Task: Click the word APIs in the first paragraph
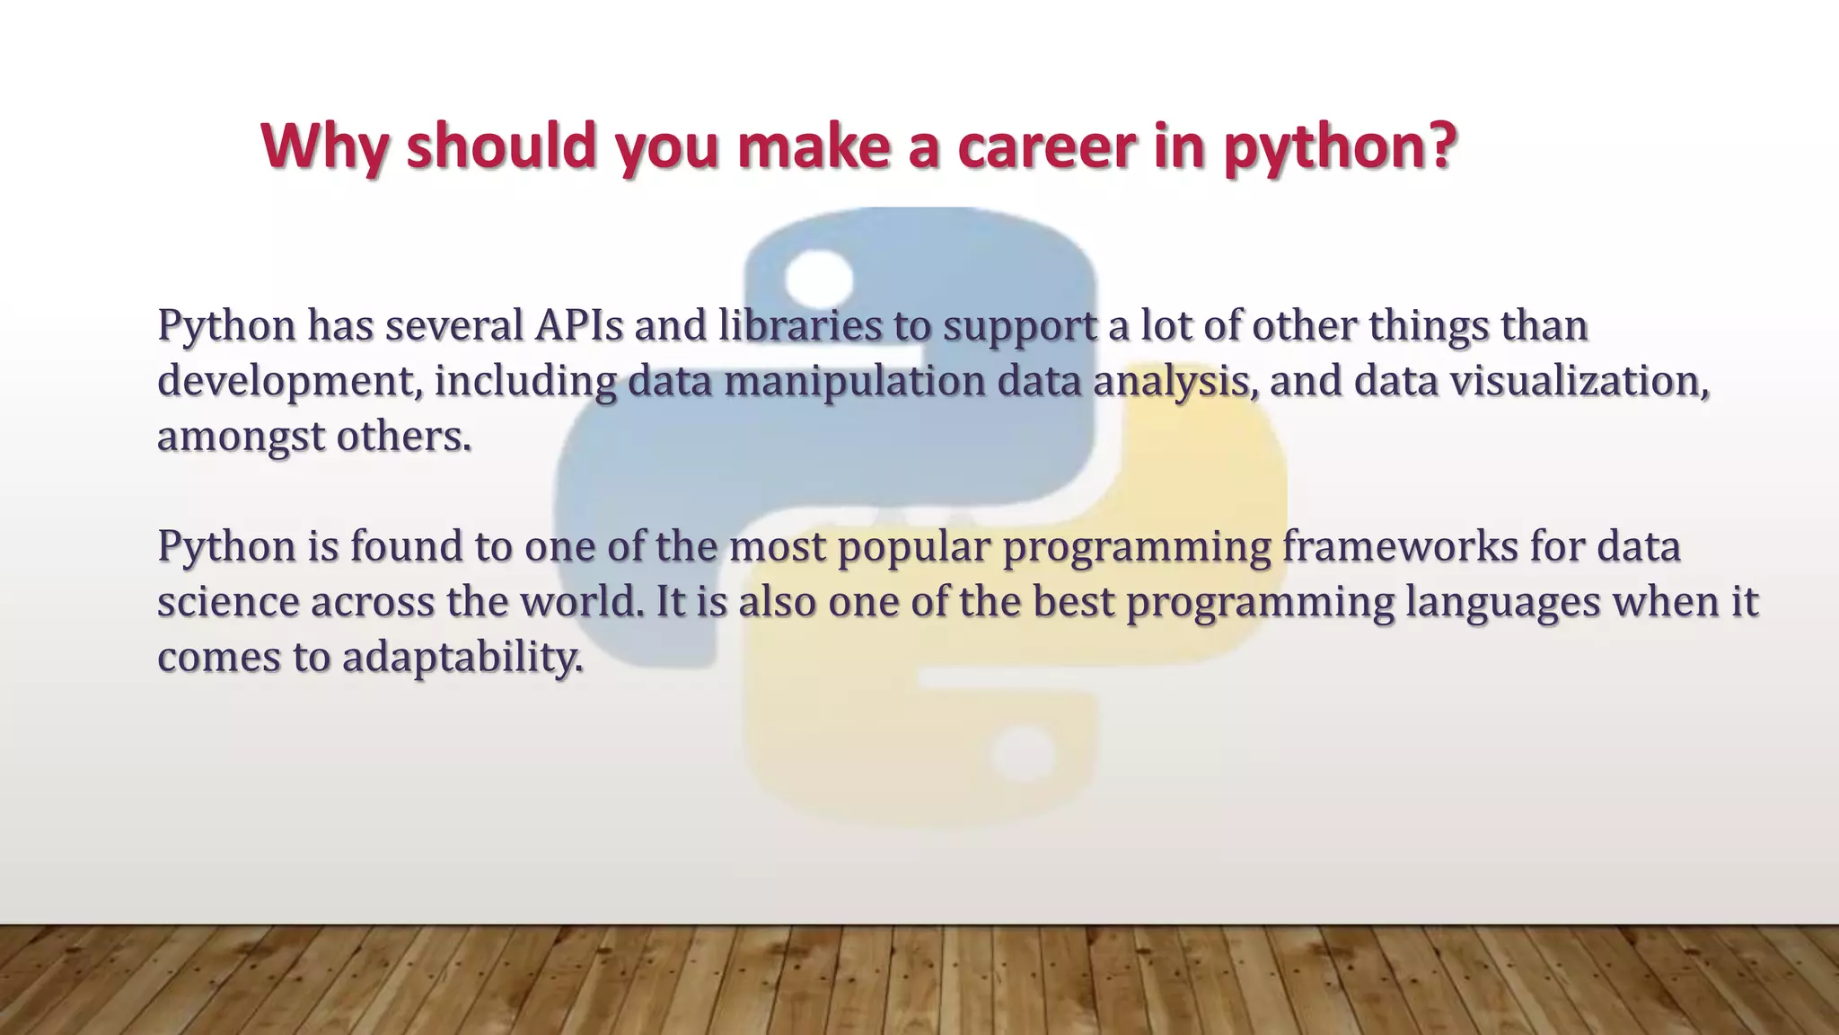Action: pos(578,325)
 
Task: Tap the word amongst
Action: pos(241,438)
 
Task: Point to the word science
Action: pos(228,602)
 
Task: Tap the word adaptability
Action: pos(462,658)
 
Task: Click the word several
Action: pos(454,325)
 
